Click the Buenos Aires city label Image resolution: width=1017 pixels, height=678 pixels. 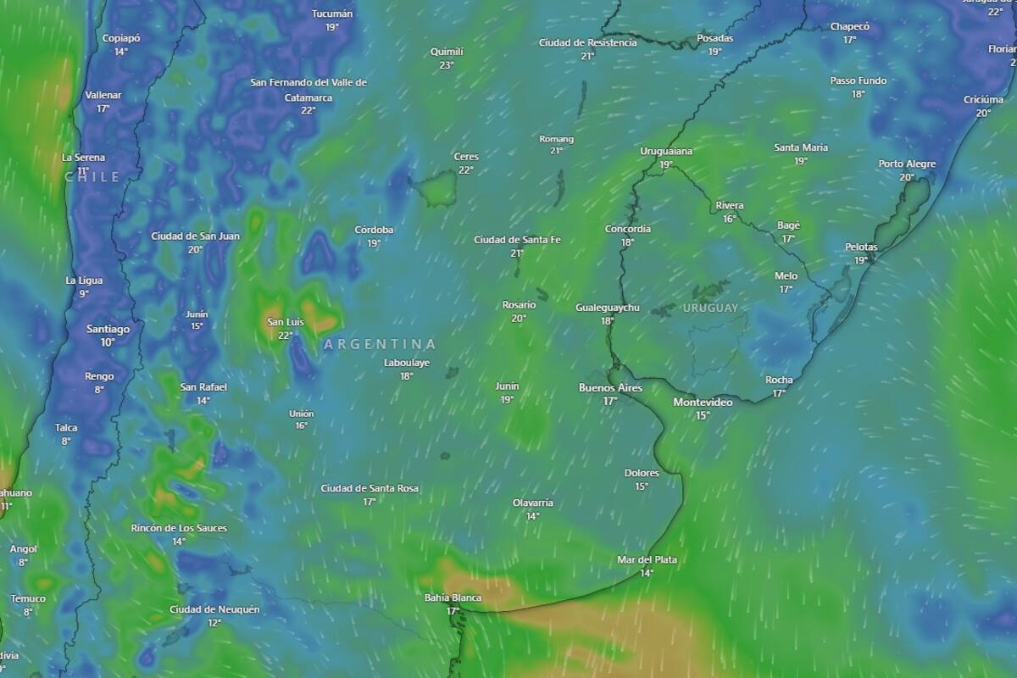pos(610,388)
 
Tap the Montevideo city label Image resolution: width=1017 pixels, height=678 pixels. pos(703,403)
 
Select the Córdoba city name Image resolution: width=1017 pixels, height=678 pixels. pos(374,230)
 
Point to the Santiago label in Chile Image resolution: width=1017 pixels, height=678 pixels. pos(108,330)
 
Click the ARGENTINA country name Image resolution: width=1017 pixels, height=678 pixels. pos(380,344)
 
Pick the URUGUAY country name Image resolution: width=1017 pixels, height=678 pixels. pos(710,308)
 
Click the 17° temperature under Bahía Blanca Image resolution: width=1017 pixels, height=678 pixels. pos(453,611)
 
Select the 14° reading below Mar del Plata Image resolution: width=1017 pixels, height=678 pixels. pos(647,573)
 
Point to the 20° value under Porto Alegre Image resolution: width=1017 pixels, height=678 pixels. pos(907,177)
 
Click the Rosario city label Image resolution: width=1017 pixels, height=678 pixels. pos(519,305)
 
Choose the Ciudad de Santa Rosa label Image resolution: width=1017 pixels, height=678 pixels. pos(370,488)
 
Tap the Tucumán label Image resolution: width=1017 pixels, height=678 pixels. pos(332,14)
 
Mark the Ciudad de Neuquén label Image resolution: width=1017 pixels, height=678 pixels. pos(214,609)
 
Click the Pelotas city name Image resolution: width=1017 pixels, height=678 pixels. pos(861,247)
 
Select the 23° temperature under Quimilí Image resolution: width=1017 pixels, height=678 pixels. pos(447,65)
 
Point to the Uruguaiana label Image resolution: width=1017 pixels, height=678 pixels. pos(666,151)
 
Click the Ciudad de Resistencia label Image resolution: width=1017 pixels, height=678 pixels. pos(587,42)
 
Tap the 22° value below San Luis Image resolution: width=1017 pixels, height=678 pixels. pos(286,336)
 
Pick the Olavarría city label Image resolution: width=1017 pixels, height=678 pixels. pos(532,503)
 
